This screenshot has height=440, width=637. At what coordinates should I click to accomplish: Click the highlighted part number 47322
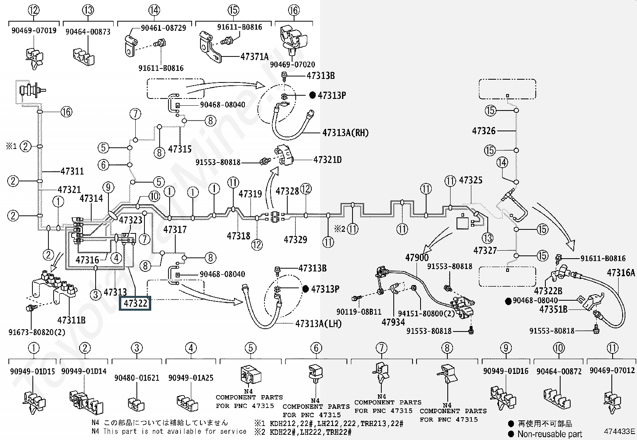tap(135, 303)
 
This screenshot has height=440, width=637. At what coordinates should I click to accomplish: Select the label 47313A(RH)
tap(346, 133)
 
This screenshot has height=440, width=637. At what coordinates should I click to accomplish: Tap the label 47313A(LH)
tap(318, 323)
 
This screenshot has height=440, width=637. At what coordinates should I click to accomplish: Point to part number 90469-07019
tap(34, 30)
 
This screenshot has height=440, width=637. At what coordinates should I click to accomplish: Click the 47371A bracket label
tap(254, 56)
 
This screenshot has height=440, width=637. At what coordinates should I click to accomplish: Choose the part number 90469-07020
tap(292, 64)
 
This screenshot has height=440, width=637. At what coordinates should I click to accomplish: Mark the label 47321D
tap(327, 160)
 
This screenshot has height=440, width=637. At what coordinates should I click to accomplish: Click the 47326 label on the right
tap(484, 131)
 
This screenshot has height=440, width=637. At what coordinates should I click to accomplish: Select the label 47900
tap(417, 257)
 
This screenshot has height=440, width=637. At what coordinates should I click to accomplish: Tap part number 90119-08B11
tap(359, 312)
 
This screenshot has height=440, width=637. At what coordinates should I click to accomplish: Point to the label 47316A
tap(621, 273)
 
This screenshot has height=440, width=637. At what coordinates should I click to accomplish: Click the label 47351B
tap(553, 309)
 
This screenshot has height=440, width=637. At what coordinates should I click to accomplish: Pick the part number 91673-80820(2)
tap(37, 332)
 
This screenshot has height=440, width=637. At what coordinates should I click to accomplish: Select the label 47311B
tap(71, 320)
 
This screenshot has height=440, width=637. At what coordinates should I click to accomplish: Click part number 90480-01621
tap(137, 378)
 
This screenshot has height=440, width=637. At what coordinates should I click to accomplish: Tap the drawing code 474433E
tap(619, 431)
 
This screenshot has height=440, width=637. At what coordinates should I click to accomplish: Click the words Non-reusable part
tap(550, 434)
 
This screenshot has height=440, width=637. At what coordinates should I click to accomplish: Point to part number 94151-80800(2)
tap(426, 313)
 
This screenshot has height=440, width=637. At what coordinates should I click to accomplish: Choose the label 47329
tap(295, 240)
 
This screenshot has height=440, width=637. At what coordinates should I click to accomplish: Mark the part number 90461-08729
tap(164, 28)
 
